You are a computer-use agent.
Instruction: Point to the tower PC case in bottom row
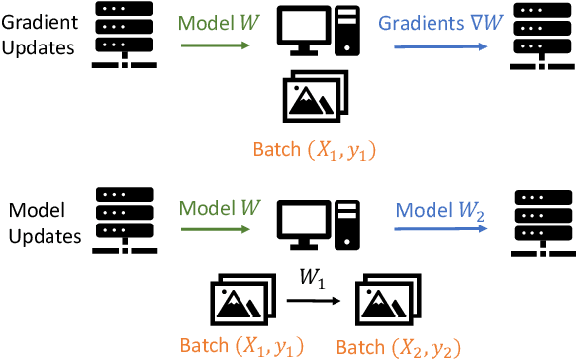click(346, 225)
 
